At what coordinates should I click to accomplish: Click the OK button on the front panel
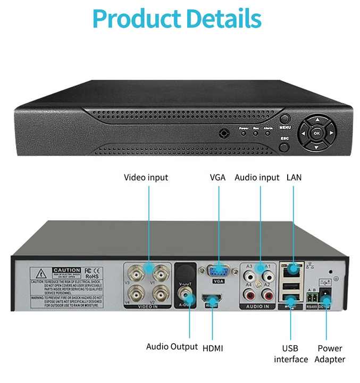coord(316,133)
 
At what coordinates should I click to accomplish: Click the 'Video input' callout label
coord(146,177)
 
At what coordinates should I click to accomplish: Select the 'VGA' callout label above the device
coord(218,177)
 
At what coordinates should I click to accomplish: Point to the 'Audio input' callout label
coord(257,177)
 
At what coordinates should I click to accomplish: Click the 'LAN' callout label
coord(294,177)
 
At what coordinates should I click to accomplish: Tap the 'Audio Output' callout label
coord(172,347)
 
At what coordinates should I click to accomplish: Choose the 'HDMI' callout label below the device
coord(213,348)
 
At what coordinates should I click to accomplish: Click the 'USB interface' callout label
coord(291,354)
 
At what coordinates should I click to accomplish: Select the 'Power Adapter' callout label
coord(330,354)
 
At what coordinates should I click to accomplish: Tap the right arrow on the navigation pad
coord(331,133)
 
